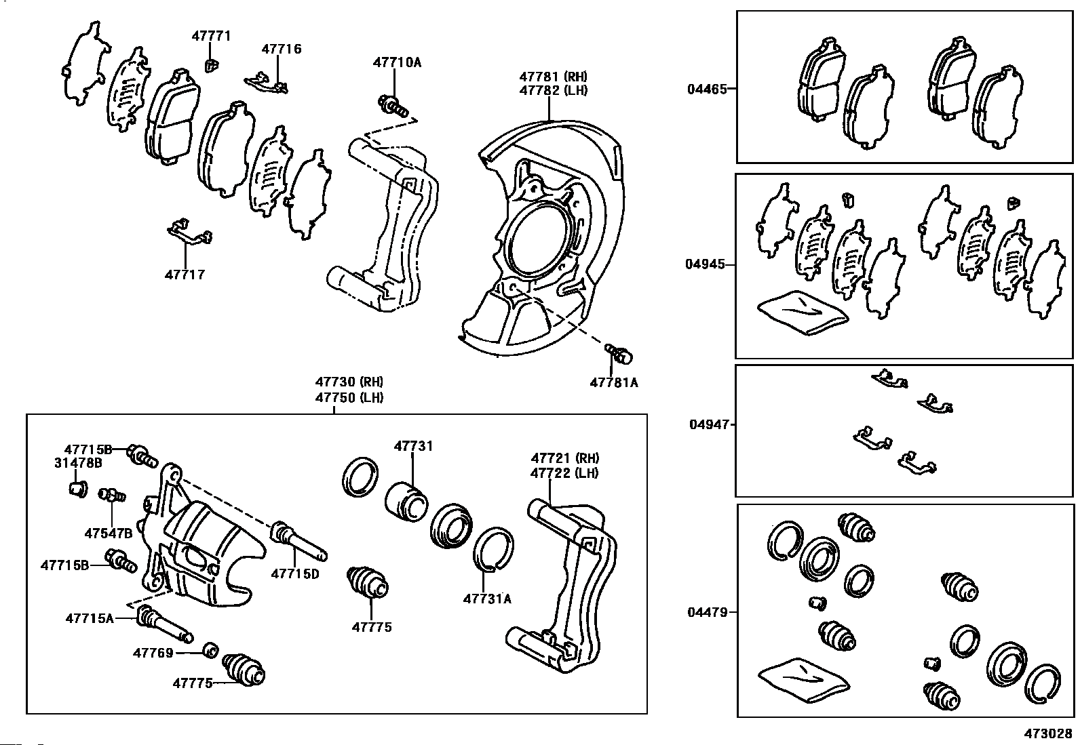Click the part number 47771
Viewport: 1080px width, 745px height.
[211, 36]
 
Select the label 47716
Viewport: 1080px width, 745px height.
[282, 49]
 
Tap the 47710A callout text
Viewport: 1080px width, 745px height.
[397, 62]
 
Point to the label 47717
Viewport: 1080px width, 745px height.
[185, 275]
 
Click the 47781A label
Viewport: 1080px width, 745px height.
[614, 382]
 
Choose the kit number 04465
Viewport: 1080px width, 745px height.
[707, 89]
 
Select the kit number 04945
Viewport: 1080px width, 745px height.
[706, 264]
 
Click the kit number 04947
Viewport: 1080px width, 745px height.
[709, 424]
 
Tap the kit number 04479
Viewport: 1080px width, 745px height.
[708, 613]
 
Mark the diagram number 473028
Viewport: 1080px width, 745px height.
[1048, 733]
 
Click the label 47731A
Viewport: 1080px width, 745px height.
[487, 599]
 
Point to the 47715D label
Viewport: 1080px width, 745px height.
[295, 574]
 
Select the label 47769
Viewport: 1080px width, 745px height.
[153, 653]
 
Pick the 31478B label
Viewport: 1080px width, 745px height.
[78, 463]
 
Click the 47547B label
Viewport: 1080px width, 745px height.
[109, 533]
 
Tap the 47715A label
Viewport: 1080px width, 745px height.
[90, 618]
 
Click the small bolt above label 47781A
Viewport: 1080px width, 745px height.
[619, 355]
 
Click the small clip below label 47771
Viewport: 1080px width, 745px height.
[210, 65]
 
